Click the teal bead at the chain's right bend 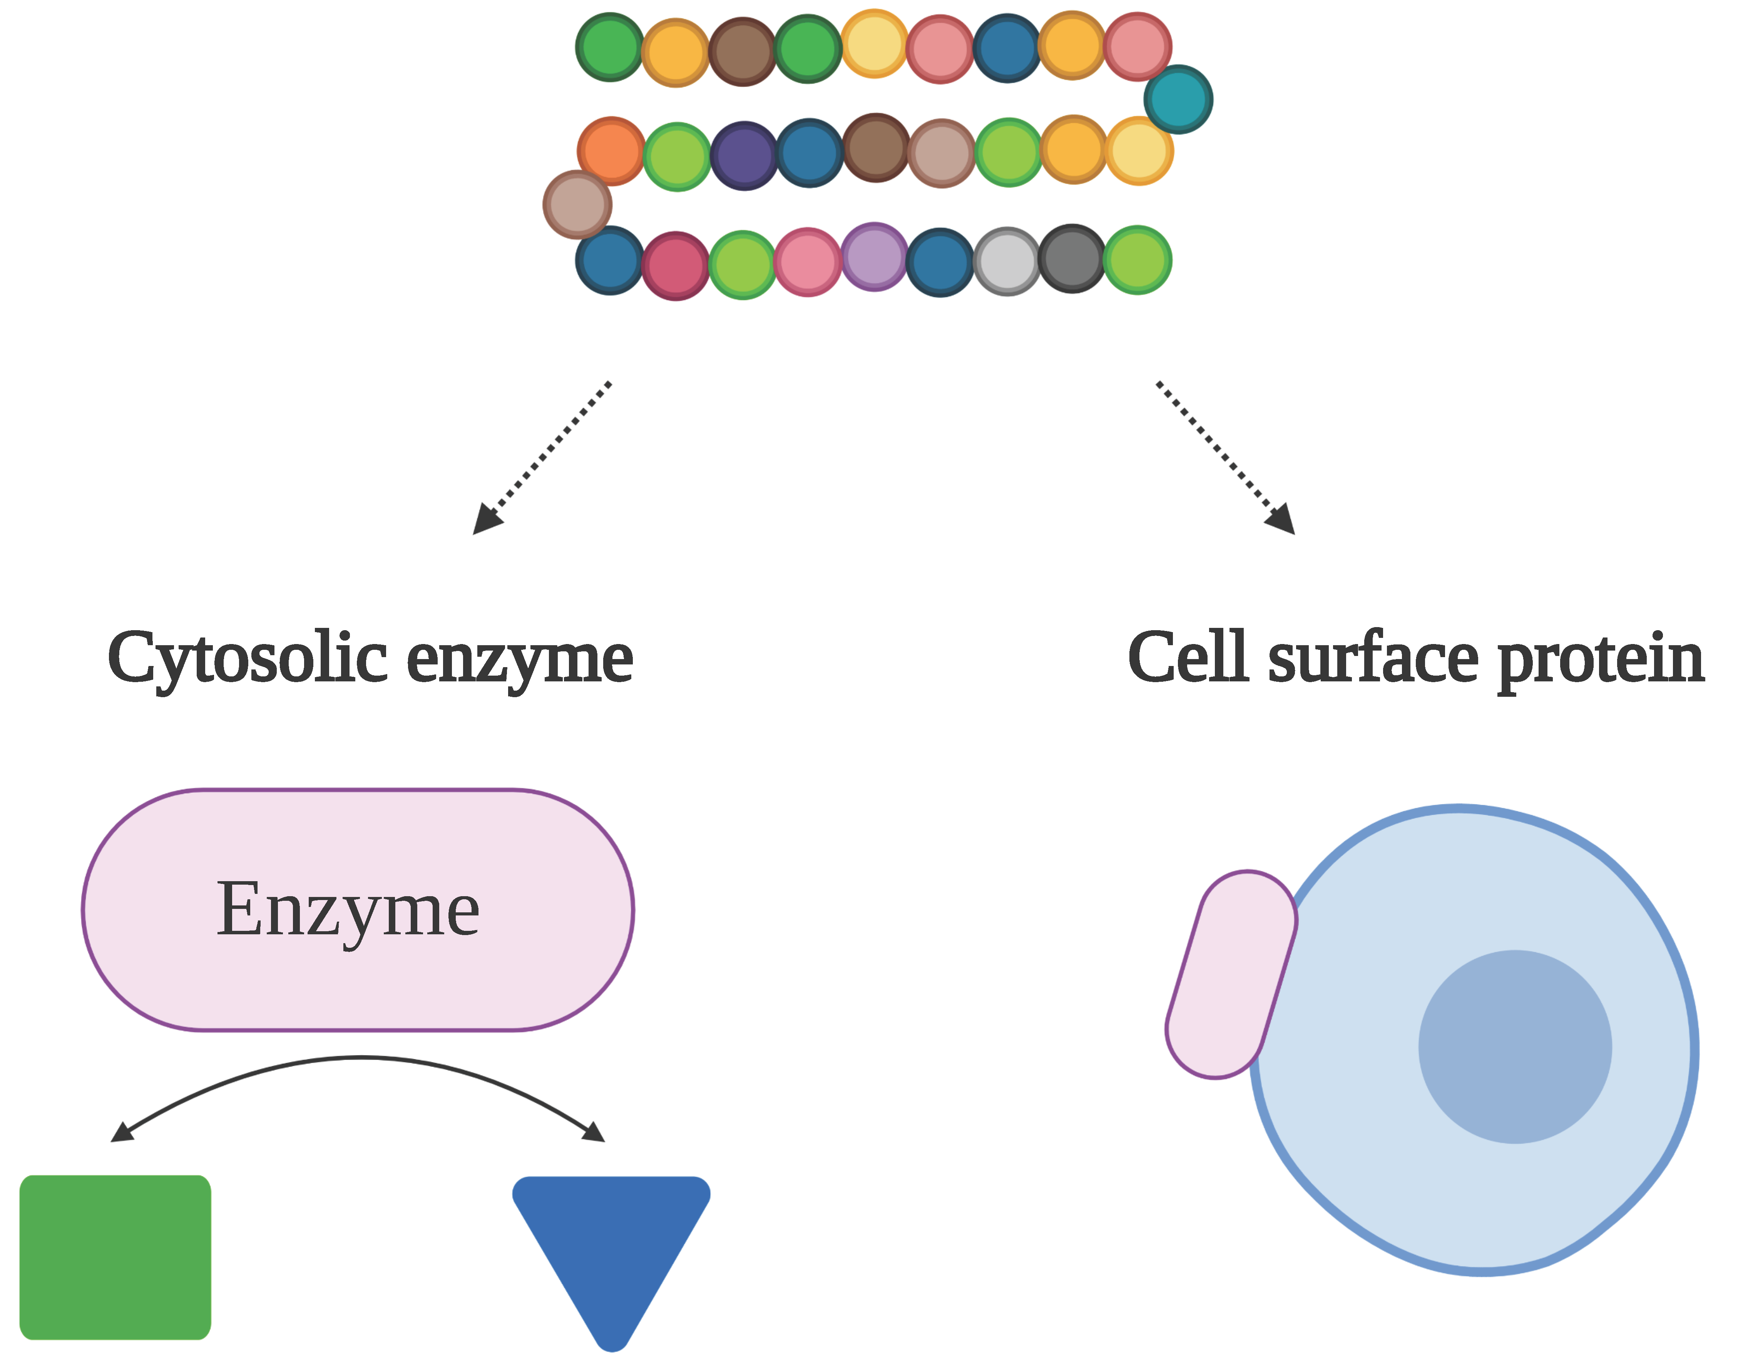[x=1178, y=99]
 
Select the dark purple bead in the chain [x=744, y=155]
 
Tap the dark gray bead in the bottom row [x=1072, y=259]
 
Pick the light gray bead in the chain [x=1007, y=261]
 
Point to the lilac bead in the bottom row [x=875, y=256]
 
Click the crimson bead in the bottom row [x=676, y=265]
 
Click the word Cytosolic [x=248, y=659]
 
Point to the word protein [x=1600, y=659]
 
